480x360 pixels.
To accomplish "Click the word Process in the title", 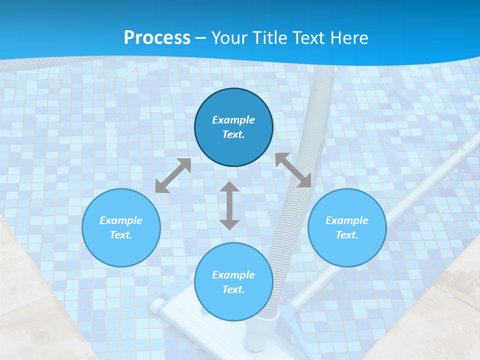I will pos(157,37).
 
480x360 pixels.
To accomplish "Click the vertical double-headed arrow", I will pos(229,205).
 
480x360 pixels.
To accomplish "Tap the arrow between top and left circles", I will pos(173,175).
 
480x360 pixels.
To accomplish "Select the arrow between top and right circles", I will pos(293,170).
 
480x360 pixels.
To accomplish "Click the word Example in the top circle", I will pos(233,120).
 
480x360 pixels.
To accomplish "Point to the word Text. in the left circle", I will pos(121,235).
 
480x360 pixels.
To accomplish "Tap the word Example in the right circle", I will pos(347,220).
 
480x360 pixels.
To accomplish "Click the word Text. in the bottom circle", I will pos(233,289).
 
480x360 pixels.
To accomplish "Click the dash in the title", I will pos(201,38).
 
